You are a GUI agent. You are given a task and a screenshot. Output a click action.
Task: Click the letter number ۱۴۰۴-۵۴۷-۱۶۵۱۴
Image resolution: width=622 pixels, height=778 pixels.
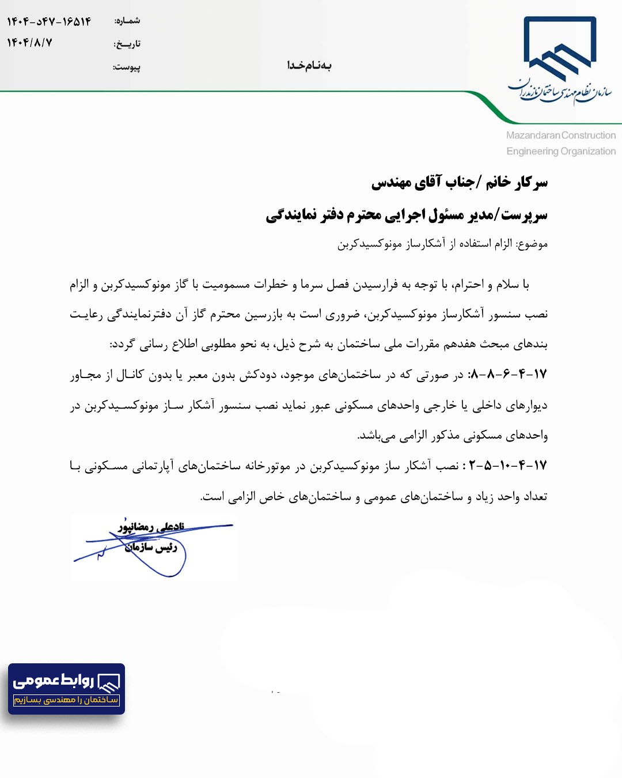pos(49,22)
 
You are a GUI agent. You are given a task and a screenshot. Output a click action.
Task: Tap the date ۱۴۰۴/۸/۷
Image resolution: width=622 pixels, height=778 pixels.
pos(29,43)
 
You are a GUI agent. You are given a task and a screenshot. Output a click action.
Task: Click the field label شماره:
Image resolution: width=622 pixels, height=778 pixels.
pos(127,21)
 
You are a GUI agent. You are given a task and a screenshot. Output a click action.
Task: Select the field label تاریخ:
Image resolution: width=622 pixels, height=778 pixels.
pos(127,44)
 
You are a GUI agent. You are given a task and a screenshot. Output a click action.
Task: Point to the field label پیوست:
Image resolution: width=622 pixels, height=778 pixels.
pos(127,67)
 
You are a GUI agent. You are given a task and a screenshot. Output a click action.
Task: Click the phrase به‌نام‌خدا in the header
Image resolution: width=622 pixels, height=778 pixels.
pos(309,66)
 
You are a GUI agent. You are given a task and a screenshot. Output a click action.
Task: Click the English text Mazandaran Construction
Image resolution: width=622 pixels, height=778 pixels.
pos(560,135)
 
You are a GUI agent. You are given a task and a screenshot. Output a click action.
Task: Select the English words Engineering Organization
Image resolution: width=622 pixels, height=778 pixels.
pos(561,151)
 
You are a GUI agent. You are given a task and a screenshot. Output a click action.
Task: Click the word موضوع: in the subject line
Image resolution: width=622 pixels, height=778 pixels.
pos(532,244)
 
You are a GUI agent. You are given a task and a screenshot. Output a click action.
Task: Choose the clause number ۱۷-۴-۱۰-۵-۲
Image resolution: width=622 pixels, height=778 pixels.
pos(507,465)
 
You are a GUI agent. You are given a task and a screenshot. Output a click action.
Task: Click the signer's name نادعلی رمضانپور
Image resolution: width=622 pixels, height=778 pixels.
pos(151,527)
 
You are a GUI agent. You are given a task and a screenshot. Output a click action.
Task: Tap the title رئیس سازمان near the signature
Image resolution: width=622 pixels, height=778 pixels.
pos(151,547)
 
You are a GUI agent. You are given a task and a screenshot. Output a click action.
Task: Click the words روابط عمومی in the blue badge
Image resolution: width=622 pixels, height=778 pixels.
pos(53,681)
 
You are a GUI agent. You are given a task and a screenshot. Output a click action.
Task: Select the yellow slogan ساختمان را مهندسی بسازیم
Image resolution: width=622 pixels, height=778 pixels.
pos(66,700)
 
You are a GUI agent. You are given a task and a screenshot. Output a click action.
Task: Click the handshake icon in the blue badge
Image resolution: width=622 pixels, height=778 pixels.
pos(108,682)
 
